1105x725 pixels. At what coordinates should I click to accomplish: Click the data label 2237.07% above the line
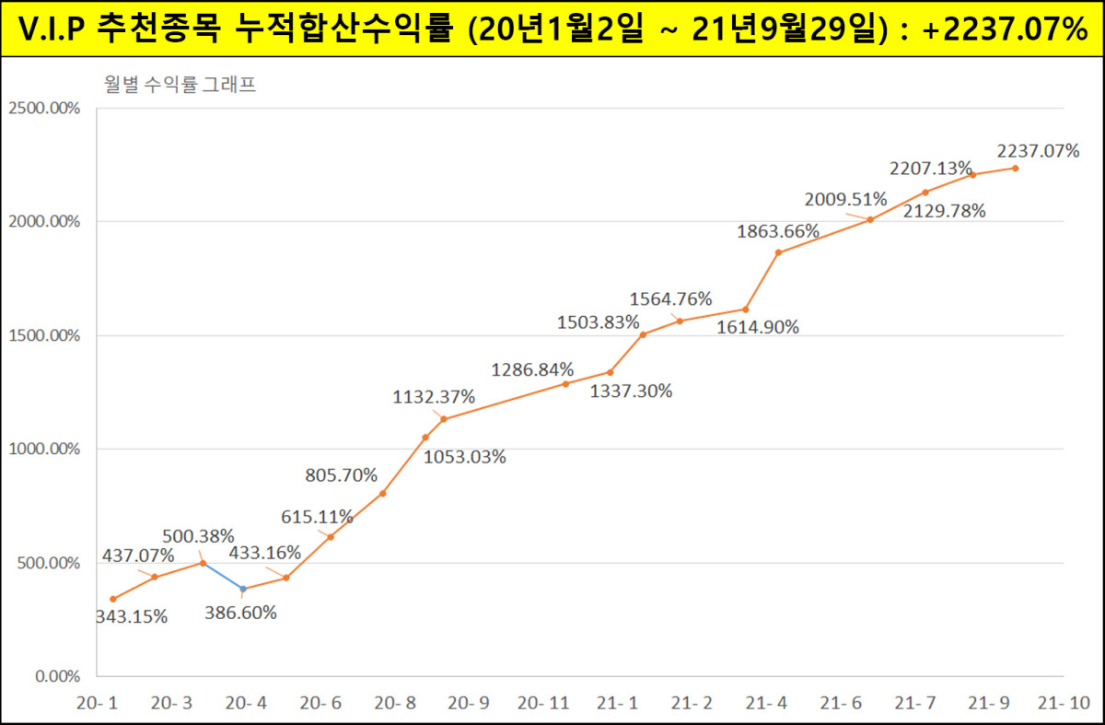coord(1038,151)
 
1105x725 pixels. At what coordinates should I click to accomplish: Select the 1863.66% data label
coord(778,232)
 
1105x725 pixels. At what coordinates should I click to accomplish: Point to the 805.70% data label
coord(341,475)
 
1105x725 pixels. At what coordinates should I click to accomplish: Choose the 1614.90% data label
coord(758,327)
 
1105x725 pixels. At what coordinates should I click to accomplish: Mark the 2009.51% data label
coord(845,199)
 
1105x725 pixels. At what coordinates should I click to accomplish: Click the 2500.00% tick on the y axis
coord(44,108)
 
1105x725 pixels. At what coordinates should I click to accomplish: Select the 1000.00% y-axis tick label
coord(44,450)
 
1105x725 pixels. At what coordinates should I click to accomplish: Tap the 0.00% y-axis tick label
coord(57,677)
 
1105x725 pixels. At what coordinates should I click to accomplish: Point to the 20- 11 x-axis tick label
coord(543,704)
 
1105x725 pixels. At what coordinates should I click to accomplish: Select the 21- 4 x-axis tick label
coord(768,704)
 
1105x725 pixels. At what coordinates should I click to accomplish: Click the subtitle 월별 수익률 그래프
coord(180,86)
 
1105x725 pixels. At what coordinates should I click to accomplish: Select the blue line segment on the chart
coord(223,576)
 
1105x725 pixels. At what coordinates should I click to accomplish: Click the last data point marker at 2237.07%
coord(1016,168)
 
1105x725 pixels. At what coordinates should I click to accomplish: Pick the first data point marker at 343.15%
coord(113,599)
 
